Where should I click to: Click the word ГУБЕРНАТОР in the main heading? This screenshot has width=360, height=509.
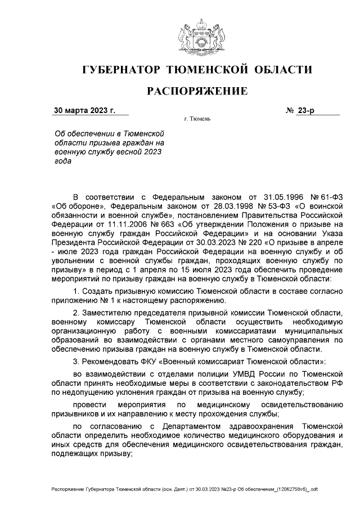[x=119, y=70]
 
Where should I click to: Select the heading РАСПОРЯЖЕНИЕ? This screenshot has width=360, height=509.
[x=197, y=91]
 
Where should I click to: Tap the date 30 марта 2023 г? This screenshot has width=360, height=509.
[x=84, y=110]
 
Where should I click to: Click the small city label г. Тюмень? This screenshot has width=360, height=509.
[x=197, y=120]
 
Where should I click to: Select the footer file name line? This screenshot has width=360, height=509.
[x=184, y=489]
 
